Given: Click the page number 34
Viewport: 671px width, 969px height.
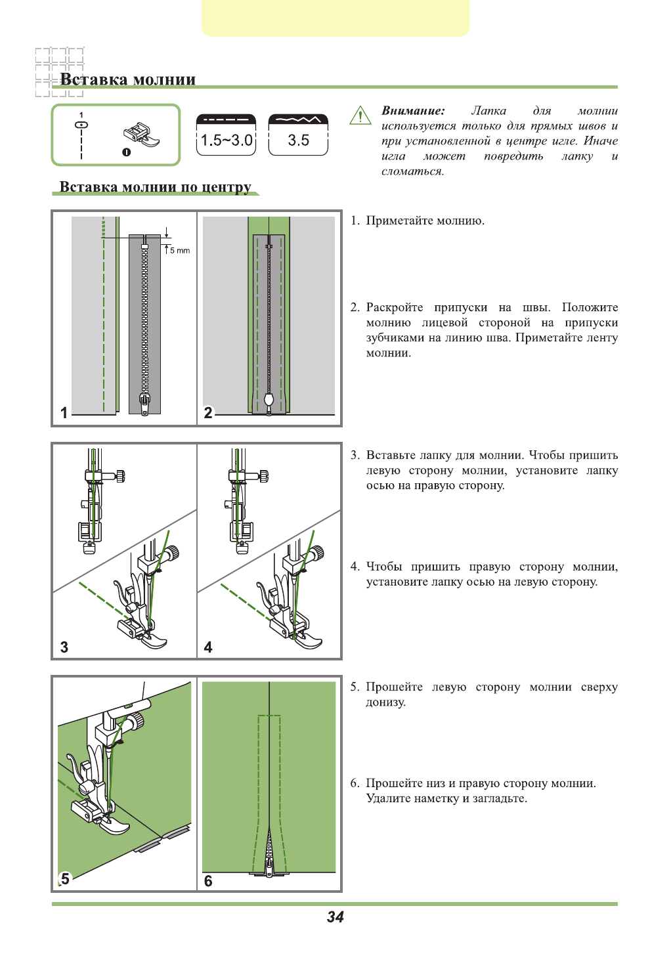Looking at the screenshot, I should point(335,917).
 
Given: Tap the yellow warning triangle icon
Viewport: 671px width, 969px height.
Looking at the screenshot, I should point(360,116).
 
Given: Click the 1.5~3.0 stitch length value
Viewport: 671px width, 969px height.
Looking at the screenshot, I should point(226,140).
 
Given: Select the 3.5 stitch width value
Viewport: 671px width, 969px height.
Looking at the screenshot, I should point(298,140).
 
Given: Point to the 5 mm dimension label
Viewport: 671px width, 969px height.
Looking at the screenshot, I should point(179,250).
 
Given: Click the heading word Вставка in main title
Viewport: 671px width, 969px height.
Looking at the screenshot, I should point(93,80).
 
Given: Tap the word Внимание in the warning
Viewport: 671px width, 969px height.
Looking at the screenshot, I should point(413,111).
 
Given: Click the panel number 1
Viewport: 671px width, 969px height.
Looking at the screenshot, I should point(64,412).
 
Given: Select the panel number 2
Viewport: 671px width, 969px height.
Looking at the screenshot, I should point(208,412).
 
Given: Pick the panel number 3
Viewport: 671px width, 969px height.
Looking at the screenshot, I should point(64,647).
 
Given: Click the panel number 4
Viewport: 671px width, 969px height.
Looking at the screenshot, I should point(208,647).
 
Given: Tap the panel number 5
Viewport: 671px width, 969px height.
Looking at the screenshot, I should point(64,879).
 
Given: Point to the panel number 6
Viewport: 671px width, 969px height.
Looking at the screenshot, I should point(208,880).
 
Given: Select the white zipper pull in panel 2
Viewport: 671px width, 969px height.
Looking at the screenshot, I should point(269,399).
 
